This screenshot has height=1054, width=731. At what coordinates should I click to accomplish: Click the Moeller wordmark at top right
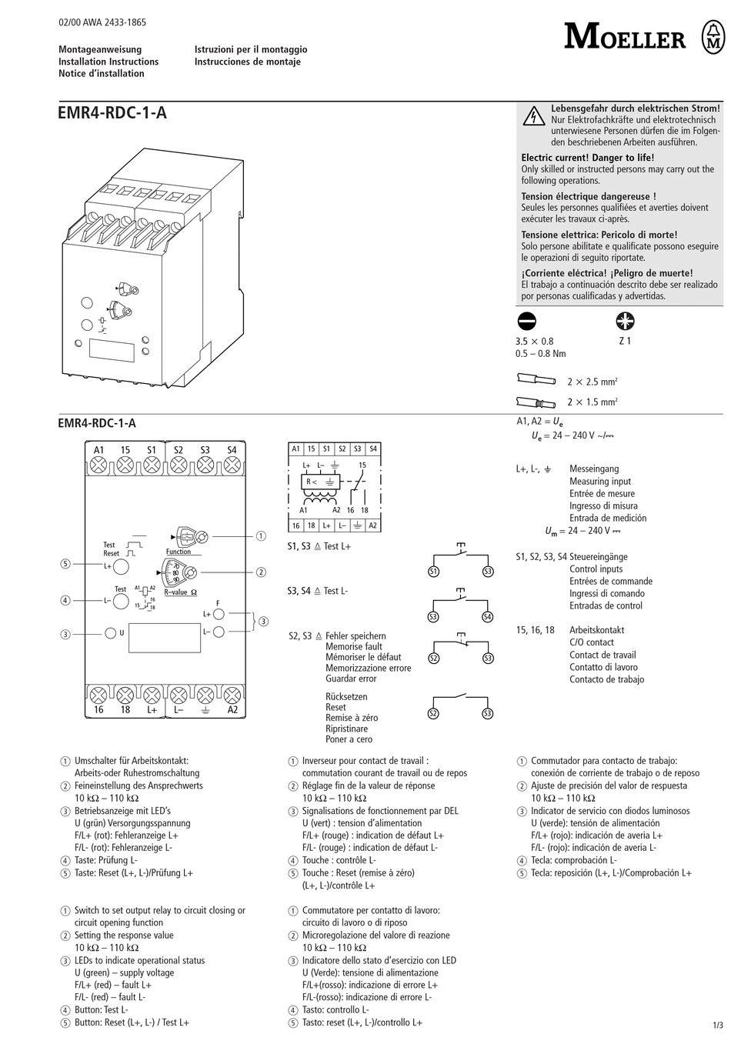click(624, 36)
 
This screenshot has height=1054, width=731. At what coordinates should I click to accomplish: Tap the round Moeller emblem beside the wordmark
click(713, 36)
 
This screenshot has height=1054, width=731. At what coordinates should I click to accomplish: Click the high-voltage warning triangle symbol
click(533, 117)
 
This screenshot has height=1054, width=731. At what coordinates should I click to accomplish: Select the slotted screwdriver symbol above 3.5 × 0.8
click(527, 322)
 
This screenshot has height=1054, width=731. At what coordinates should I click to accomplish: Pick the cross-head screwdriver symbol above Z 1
click(625, 322)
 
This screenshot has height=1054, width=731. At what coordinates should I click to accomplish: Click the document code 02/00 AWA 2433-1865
click(102, 24)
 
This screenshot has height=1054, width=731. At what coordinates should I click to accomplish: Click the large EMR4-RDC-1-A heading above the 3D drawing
click(112, 114)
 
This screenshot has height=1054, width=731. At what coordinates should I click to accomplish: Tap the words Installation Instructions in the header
click(108, 62)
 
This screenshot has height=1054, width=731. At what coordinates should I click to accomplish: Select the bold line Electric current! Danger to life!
click(588, 158)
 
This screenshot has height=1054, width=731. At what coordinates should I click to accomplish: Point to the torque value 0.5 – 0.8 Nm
click(540, 354)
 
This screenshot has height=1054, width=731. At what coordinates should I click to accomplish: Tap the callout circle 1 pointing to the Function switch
click(261, 536)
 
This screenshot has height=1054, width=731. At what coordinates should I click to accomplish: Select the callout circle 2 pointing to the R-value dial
click(261, 572)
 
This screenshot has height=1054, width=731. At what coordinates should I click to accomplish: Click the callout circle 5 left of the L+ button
click(65, 564)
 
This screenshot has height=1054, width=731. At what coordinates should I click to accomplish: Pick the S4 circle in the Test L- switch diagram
click(487, 617)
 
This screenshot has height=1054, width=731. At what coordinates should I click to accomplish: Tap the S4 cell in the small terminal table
click(372, 449)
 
